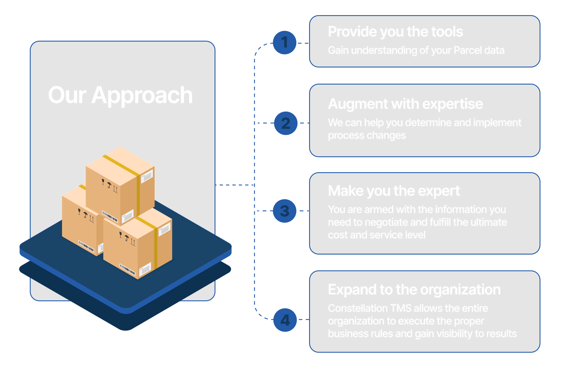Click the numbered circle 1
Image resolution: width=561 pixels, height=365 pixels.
coord(284,43)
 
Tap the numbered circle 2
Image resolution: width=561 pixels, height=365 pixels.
coord(286,123)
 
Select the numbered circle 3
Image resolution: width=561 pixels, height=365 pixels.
coord(285,211)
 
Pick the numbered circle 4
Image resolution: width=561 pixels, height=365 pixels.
coord(285,320)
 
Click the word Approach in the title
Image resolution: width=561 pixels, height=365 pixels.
coord(142,96)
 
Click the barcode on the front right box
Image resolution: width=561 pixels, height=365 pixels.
coord(127,269)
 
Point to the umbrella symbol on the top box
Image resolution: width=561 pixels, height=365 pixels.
coord(109,185)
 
